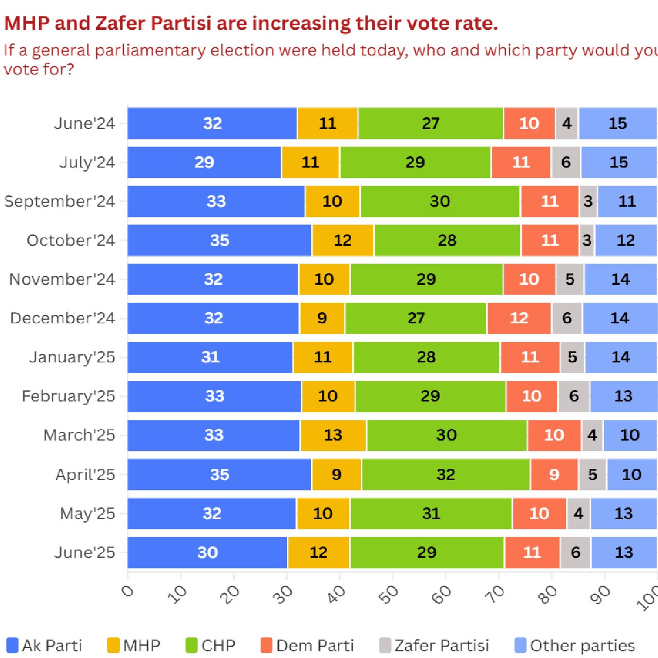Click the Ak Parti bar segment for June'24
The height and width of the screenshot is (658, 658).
pyautogui.click(x=212, y=123)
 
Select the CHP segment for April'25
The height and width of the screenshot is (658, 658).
pyautogui.click(x=446, y=474)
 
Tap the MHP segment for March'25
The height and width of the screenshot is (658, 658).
pyautogui.click(x=333, y=435)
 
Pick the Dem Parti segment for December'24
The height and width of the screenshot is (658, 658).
pyautogui.click(x=519, y=318)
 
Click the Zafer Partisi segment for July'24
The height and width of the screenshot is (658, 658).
pyautogui.click(x=566, y=162)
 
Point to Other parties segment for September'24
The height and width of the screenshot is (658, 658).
pyautogui.click(x=627, y=202)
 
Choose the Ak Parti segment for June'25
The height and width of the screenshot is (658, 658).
pyautogui.click(x=208, y=553)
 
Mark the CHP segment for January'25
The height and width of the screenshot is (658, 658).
pyautogui.click(x=426, y=357)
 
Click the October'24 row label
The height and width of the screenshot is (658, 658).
pyautogui.click(x=71, y=241)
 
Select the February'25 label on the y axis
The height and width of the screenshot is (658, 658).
pyautogui.click(x=68, y=396)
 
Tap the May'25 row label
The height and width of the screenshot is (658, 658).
pyautogui.click(x=87, y=514)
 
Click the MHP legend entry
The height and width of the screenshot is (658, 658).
pyautogui.click(x=134, y=646)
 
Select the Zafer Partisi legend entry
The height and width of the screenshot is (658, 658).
pyautogui.click(x=434, y=646)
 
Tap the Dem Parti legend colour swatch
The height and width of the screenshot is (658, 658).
pyautogui.click(x=266, y=646)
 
